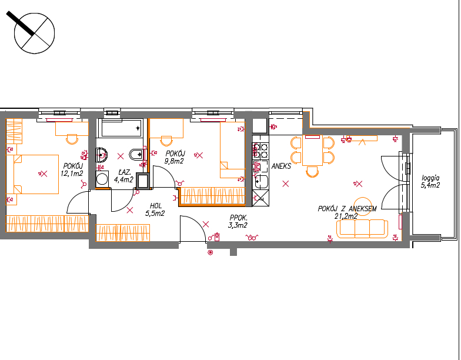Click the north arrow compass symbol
click(34, 33)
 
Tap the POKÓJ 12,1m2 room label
click(72, 169)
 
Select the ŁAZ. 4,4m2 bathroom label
click(123, 176)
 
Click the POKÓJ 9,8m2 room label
click(175, 157)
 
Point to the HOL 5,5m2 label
click(155, 209)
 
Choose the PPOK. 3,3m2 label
click(238, 221)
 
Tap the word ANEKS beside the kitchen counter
click(281, 166)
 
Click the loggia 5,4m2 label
click(430, 181)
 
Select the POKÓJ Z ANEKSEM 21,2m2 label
click(347, 212)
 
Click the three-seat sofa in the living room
click(362, 228)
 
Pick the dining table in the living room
click(312, 151)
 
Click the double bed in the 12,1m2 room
click(32, 174)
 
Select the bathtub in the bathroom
click(121, 128)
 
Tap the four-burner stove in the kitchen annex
click(260, 151)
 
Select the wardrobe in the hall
click(122, 233)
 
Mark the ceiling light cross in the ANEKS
click(286, 184)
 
